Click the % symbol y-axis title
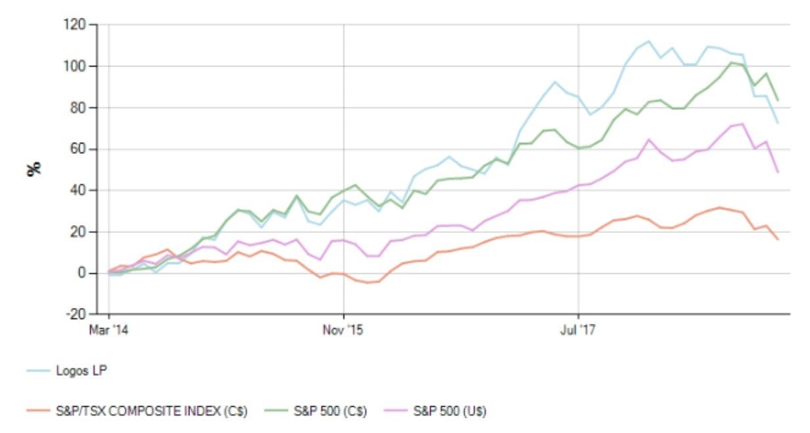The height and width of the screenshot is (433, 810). [33, 169]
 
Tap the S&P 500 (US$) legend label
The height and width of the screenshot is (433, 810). [451, 412]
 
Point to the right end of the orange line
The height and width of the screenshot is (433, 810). [778, 240]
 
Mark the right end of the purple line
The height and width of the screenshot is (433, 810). [778, 172]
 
